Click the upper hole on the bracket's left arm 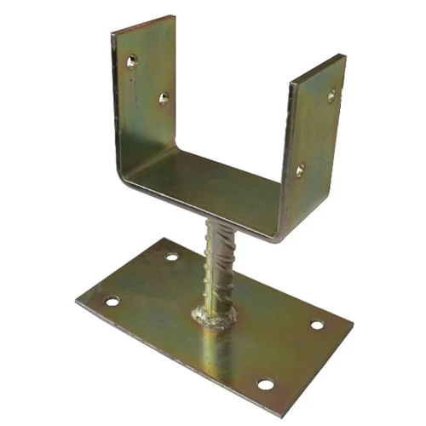(x=131, y=60)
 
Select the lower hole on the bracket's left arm (x=164, y=98)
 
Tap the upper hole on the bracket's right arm (x=331, y=95)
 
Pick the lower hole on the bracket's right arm (x=300, y=170)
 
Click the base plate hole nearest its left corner (x=112, y=301)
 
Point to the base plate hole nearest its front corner (x=266, y=384)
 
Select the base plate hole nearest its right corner (x=317, y=325)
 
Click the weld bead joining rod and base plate (x=214, y=317)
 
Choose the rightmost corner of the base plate (x=351, y=324)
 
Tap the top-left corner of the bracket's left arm (x=113, y=34)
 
